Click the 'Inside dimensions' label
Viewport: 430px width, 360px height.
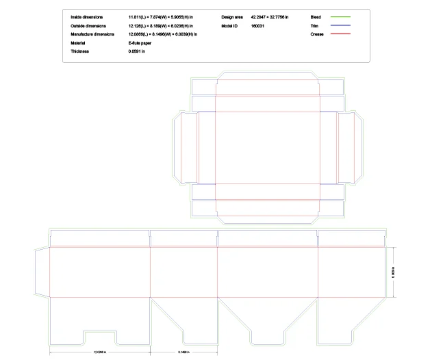tap(86, 16)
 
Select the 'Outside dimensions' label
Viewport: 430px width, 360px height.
tap(87, 25)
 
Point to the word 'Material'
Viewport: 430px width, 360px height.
tap(78, 42)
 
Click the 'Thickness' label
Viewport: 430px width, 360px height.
tap(80, 51)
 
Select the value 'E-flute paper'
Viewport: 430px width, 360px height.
tap(140, 42)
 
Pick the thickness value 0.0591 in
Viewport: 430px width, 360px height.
tap(137, 51)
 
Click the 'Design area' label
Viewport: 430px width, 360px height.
tap(232, 16)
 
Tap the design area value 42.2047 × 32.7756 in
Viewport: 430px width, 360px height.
tap(270, 16)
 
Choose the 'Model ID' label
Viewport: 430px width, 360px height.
tap(229, 25)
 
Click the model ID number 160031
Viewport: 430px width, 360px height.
tap(258, 25)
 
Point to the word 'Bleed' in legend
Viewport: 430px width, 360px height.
tap(316, 16)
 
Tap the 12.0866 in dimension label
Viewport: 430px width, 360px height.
tap(100, 352)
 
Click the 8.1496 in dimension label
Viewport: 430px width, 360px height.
tap(184, 352)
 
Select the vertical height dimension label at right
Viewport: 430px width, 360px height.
tap(393, 272)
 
